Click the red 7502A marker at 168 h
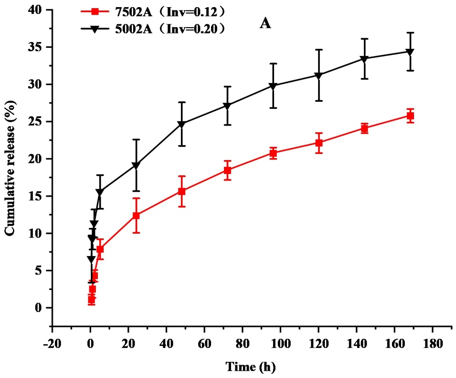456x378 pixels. [410, 116]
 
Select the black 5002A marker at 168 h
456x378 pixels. [410, 52]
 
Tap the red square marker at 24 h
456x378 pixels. [136, 216]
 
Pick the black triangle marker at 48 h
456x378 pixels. [181, 124]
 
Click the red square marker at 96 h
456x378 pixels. [273, 153]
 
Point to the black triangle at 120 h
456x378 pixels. [318, 76]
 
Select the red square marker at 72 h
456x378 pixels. [227, 170]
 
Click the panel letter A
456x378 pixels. [265, 24]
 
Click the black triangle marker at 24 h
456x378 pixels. [136, 166]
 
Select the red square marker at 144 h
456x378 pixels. [364, 128]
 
